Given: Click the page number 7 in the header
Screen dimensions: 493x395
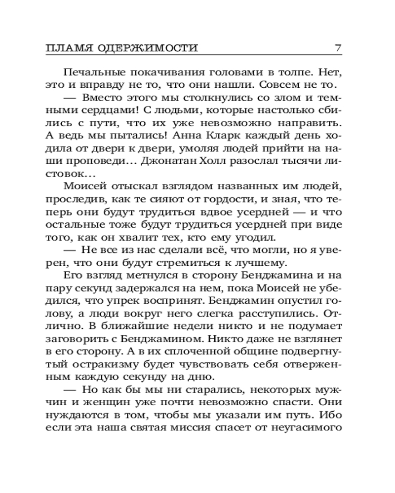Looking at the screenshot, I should (x=338, y=48).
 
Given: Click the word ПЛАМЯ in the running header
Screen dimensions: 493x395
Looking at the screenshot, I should (x=68, y=48).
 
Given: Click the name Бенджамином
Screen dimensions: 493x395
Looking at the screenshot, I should (x=163, y=340).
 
